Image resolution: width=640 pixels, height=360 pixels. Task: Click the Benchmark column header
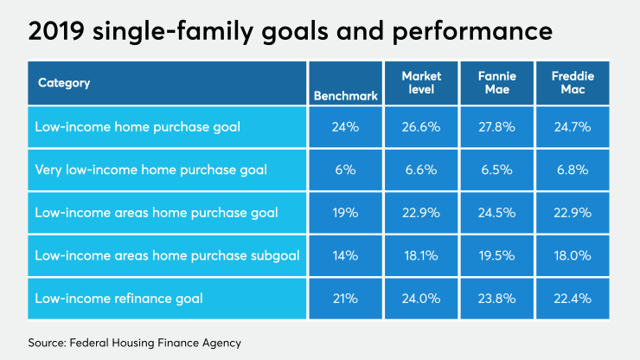pyautogui.click(x=344, y=95)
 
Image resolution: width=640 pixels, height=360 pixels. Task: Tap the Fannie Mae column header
pyautogui.click(x=496, y=84)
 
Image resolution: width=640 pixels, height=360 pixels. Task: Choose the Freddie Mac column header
pyautogui.click(x=571, y=84)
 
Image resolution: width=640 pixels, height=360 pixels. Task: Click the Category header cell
pyautogui.click(x=65, y=83)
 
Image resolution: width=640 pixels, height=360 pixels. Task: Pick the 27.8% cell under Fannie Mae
pyautogui.click(x=496, y=126)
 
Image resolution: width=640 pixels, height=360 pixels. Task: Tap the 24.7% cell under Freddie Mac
pyautogui.click(x=571, y=126)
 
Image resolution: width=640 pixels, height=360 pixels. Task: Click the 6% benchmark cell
pyautogui.click(x=344, y=170)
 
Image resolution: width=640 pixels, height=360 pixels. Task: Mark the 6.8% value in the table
pyautogui.click(x=571, y=170)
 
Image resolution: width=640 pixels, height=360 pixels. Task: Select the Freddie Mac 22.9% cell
pyautogui.click(x=571, y=213)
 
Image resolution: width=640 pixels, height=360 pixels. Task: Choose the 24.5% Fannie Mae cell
pyautogui.click(x=496, y=213)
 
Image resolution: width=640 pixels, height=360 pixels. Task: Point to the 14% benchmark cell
pyautogui.click(x=344, y=255)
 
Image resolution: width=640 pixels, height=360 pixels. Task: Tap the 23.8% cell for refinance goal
pyautogui.click(x=496, y=299)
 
